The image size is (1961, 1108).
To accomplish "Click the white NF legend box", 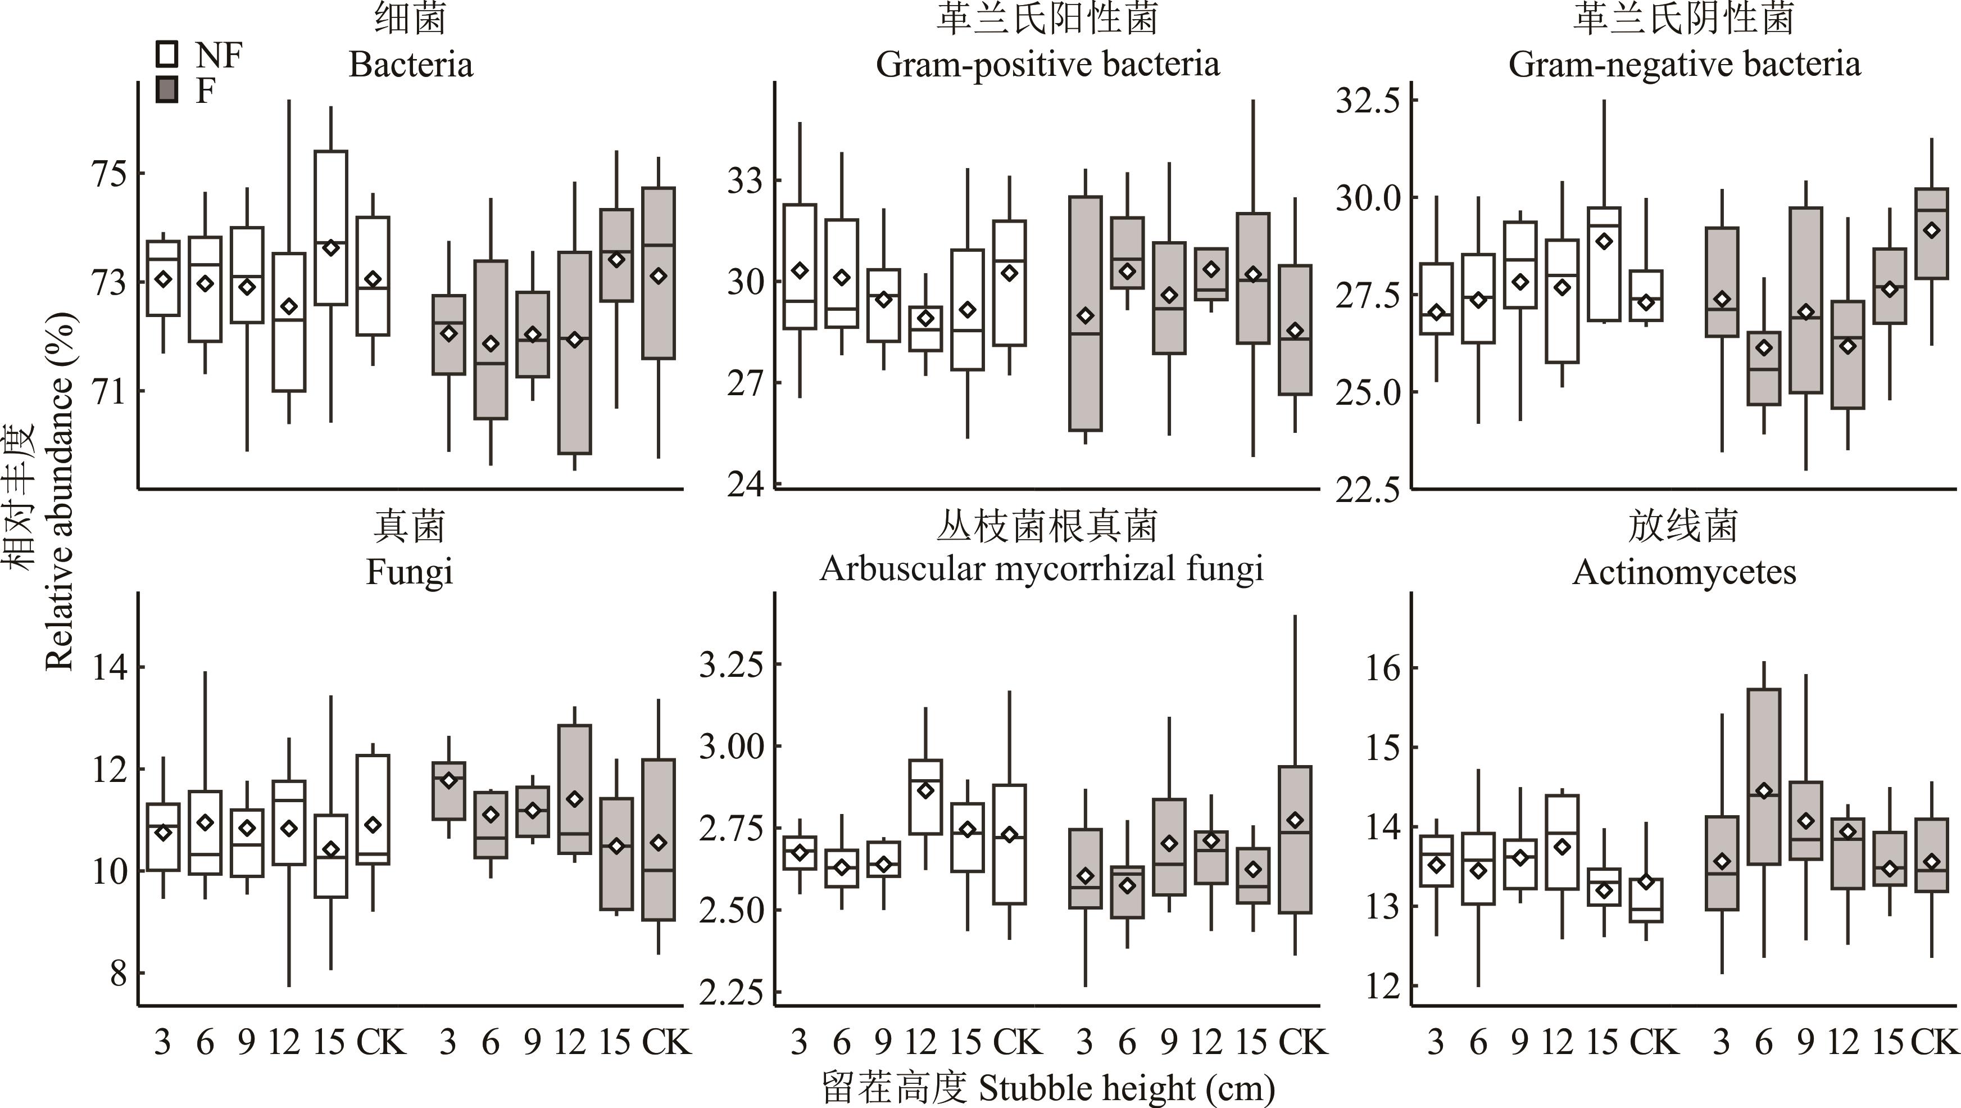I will click(x=167, y=54).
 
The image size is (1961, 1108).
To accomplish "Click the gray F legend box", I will click(x=167, y=89).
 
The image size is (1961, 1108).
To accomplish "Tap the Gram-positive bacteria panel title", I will click(x=1047, y=64).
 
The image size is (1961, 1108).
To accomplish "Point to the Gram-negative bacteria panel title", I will click(x=1684, y=64).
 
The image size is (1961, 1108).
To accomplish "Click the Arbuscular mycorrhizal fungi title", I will click(x=1041, y=569).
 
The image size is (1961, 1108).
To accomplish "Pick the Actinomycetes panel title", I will click(x=1684, y=572).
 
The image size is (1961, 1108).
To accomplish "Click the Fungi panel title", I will click(x=410, y=572).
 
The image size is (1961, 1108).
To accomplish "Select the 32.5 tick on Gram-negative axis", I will click(x=1367, y=101).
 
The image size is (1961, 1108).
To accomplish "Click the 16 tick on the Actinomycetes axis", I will click(x=1382, y=668).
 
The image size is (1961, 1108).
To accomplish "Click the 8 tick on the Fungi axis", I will click(x=118, y=973).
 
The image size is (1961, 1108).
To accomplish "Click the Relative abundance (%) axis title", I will click(x=61, y=491).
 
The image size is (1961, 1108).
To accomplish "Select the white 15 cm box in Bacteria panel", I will click(x=331, y=228).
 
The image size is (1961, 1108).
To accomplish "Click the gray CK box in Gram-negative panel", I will click(x=1931, y=233).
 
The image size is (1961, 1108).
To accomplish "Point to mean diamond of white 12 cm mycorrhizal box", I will click(x=925, y=790).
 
